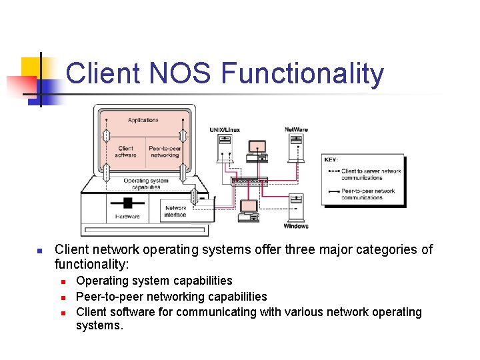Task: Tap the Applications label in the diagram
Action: tap(143, 120)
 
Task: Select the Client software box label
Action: tap(125, 151)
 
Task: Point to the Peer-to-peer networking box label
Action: tap(165, 151)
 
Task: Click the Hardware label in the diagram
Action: tap(127, 216)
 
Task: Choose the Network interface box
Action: tap(175, 211)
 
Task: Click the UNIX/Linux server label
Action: tap(225, 129)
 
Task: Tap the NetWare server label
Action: tap(296, 129)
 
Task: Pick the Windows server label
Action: tap(295, 226)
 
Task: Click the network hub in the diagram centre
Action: tap(249, 180)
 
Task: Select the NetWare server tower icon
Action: tap(295, 147)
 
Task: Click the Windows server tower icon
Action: tap(297, 207)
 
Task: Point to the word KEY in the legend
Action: tap(331, 160)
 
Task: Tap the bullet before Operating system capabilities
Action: tap(62, 281)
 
